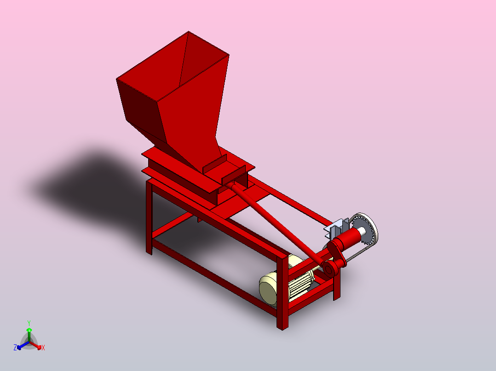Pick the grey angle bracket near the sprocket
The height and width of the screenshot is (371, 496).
(x=337, y=228)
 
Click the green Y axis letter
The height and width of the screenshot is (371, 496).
(x=29, y=323)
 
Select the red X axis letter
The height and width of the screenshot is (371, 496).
(x=43, y=348)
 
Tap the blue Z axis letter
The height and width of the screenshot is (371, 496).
(x=15, y=348)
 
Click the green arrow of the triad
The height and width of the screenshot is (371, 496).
(x=29, y=332)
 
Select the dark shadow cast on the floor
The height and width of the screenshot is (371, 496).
(x=92, y=184)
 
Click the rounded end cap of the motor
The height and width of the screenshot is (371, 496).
(x=268, y=289)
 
